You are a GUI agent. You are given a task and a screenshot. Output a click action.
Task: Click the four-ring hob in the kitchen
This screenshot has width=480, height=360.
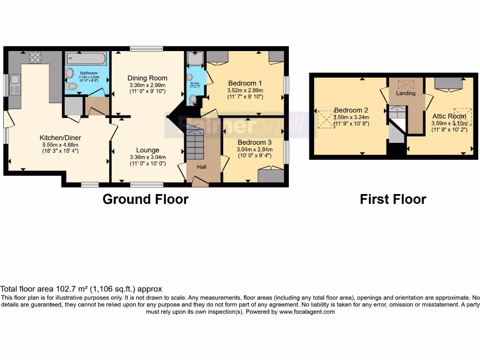click(35, 57)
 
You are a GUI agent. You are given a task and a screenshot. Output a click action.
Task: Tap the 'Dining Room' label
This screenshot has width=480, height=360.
click(148, 78)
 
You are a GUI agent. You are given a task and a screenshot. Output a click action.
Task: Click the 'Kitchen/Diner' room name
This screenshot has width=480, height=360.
click(60, 138)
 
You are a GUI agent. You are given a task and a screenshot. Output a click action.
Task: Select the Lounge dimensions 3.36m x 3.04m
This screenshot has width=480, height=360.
click(148, 157)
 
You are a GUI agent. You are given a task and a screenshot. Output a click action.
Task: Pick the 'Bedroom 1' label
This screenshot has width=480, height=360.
click(245, 83)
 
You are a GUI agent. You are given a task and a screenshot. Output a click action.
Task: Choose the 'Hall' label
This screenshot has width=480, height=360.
click(201, 166)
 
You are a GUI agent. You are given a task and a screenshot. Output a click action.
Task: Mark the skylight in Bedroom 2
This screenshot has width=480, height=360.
click(325, 119)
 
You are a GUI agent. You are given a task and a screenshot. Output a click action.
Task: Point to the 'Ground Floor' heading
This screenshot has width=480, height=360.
click(145, 199)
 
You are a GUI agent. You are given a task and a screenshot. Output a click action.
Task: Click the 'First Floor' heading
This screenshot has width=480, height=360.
click(393, 199)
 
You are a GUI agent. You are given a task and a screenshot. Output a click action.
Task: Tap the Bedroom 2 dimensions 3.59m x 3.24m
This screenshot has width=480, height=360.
click(351, 117)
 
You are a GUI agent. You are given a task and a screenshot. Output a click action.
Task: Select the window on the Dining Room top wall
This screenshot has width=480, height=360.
click(146, 48)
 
